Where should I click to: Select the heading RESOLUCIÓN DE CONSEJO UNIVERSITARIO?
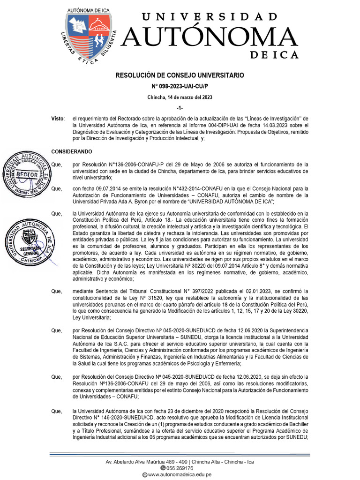(180, 75)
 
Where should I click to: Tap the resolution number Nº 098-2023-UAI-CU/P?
(180, 86)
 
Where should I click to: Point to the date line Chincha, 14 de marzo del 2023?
(180, 97)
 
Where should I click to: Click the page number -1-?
(180, 108)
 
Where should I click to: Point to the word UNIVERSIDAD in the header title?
(209, 17)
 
